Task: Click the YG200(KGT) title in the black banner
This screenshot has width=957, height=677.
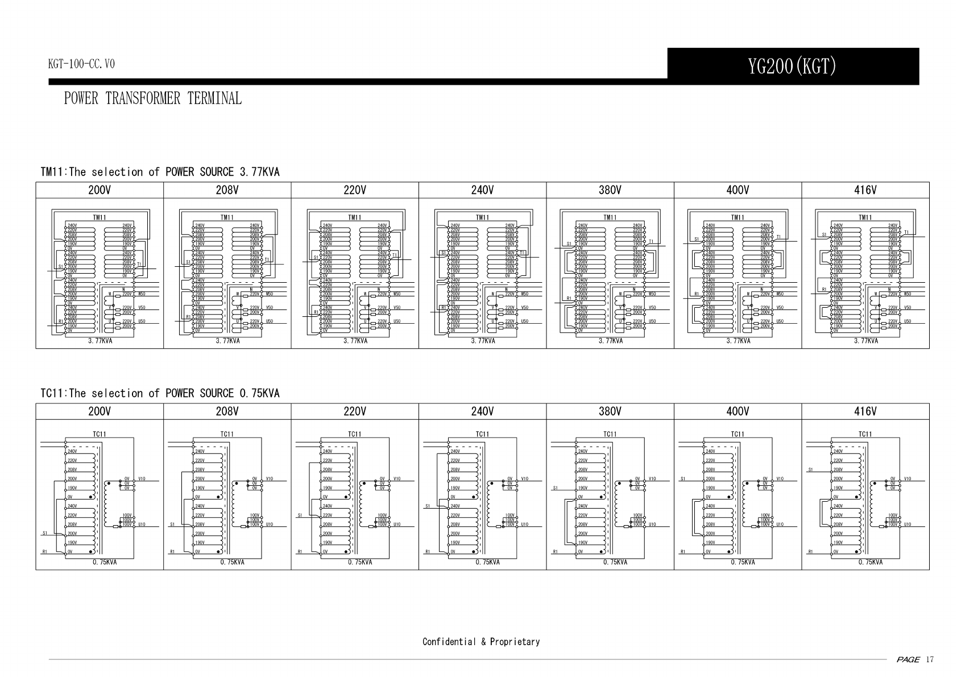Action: (x=793, y=67)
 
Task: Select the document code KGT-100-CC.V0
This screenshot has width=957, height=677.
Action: (x=81, y=64)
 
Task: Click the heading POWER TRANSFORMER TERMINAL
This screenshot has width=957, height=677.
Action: (x=152, y=98)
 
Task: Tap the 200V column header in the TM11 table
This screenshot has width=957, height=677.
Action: (x=100, y=190)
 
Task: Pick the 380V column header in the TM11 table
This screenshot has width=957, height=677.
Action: (x=610, y=190)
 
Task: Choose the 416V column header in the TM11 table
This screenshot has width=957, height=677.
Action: (x=865, y=190)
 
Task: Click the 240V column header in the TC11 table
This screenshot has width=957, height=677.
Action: (x=482, y=411)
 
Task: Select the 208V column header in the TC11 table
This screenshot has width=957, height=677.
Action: (x=227, y=411)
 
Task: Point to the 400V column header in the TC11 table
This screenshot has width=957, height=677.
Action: (x=738, y=411)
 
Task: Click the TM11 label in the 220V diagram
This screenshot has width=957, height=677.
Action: (x=355, y=217)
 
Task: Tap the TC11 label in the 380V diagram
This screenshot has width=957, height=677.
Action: (x=610, y=434)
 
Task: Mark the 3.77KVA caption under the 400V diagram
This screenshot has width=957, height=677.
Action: (x=738, y=341)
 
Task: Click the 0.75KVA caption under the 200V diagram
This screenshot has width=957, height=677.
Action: (x=105, y=562)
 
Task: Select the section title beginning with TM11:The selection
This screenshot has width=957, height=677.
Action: (x=160, y=172)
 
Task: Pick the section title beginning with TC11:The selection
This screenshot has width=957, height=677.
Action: (x=160, y=393)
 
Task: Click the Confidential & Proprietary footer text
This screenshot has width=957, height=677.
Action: (x=481, y=642)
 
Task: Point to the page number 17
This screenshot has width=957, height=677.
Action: (x=930, y=660)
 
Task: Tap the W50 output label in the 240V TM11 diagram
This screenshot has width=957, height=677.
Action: (x=525, y=294)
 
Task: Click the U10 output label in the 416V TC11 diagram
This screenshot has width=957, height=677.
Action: (x=908, y=525)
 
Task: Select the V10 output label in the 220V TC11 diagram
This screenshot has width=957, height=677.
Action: (x=397, y=479)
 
